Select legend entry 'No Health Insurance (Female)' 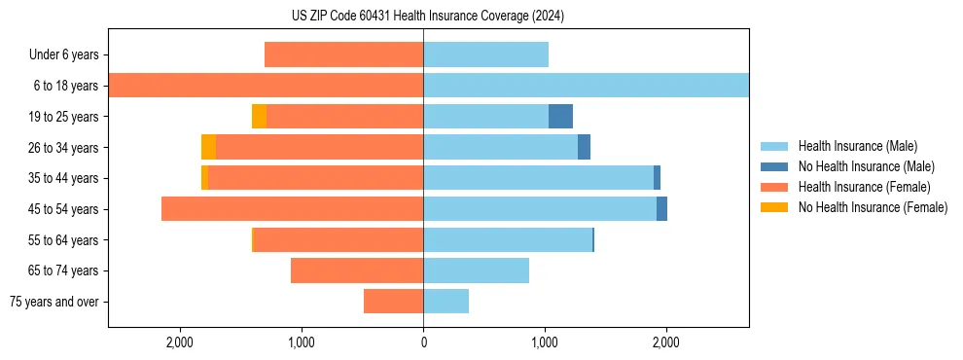[873, 207]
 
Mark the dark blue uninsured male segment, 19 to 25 [560, 117]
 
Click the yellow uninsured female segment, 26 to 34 [208, 147]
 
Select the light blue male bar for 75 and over [446, 302]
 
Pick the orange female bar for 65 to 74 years [357, 270]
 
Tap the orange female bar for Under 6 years [343, 55]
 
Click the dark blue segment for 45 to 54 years [661, 209]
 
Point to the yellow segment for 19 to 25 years [259, 117]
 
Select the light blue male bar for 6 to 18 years [586, 86]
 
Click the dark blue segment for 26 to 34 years [584, 147]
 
